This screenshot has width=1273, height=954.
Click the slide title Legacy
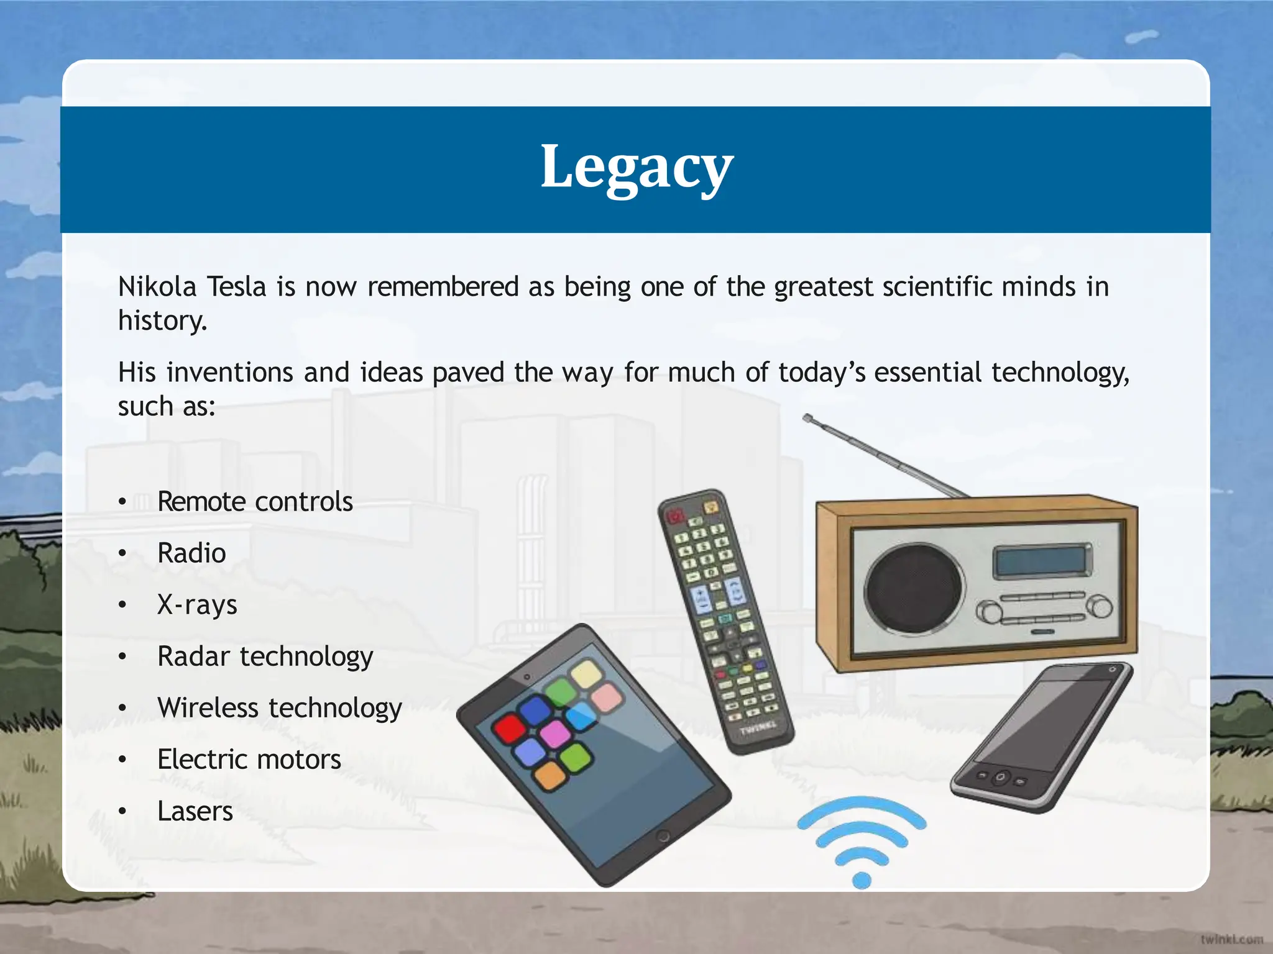click(636, 166)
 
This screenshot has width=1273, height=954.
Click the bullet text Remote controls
click(255, 501)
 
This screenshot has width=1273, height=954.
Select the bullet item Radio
click(191, 553)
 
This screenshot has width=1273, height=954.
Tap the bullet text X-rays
click(197, 604)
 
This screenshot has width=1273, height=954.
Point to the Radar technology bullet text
click(265, 656)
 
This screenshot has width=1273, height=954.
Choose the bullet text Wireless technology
click(280, 708)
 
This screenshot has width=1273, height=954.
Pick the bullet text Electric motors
click(249, 760)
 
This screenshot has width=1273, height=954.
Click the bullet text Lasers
click(195, 811)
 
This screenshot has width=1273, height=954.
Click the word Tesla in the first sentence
click(236, 287)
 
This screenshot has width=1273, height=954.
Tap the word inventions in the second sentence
click(229, 373)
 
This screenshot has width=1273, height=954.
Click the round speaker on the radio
click(912, 587)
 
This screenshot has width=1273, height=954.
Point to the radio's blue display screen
click(1042, 560)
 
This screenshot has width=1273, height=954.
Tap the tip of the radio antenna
click(807, 418)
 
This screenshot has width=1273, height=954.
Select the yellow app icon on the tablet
click(586, 673)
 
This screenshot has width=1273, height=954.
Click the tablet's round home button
click(663, 836)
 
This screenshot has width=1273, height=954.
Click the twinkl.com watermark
click(1231, 939)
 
